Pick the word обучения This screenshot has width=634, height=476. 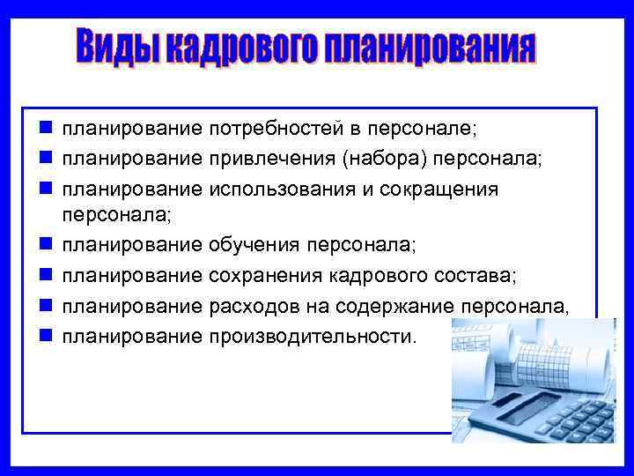point(253,244)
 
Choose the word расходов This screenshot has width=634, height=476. point(252,306)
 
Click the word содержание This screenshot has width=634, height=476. point(407,306)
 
